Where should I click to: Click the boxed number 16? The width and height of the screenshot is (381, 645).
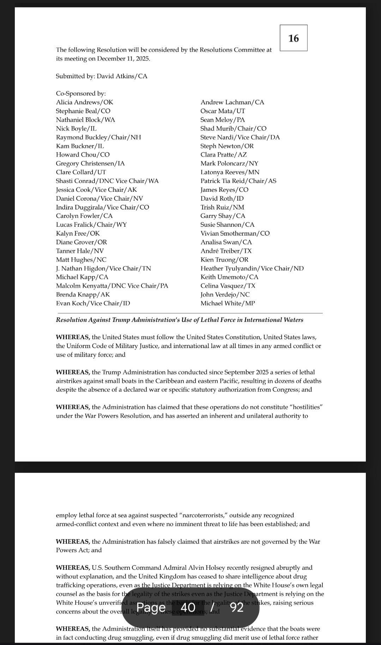[294, 38]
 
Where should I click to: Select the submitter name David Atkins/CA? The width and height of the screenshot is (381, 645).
[122, 76]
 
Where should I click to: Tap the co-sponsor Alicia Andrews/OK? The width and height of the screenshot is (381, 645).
[85, 102]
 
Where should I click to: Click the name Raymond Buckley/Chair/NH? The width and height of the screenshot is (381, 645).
[98, 137]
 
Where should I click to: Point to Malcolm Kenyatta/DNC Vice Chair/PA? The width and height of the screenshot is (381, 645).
[112, 286]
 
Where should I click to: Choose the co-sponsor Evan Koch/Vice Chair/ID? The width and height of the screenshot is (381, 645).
[93, 303]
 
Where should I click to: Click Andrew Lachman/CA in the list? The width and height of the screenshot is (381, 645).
[232, 102]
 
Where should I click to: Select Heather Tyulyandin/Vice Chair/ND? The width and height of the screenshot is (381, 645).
[252, 268]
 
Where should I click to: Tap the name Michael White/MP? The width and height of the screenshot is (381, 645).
[228, 303]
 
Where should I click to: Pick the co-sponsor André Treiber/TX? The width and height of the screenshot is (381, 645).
[226, 251]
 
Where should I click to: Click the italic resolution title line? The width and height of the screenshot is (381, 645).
[180, 320]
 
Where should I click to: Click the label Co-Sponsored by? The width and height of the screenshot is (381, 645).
[81, 93]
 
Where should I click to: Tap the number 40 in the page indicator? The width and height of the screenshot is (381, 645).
[188, 607]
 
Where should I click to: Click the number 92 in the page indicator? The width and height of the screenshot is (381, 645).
[237, 607]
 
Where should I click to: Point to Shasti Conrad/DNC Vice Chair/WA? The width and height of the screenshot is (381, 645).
[107, 181]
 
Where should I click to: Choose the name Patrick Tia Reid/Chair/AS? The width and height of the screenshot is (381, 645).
[238, 181]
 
